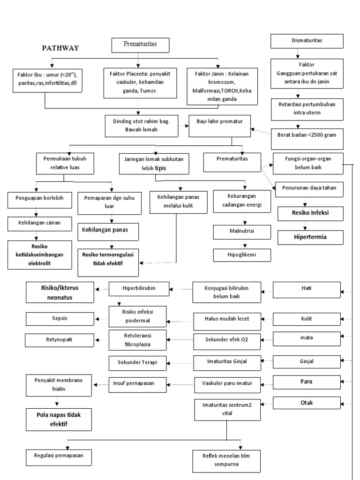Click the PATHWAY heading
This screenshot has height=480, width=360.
(x=60, y=48)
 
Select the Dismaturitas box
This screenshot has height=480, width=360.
(x=307, y=41)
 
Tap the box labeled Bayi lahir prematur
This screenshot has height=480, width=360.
(x=219, y=126)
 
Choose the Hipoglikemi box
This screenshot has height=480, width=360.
(x=242, y=255)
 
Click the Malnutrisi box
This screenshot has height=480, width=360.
(x=242, y=231)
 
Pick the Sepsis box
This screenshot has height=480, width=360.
(x=60, y=318)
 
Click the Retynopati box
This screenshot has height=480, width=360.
(x=60, y=339)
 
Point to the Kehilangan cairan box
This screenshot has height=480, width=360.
(x=40, y=224)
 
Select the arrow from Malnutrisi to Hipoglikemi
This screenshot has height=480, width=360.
(x=244, y=243)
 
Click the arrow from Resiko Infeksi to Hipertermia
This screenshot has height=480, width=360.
(x=306, y=226)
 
